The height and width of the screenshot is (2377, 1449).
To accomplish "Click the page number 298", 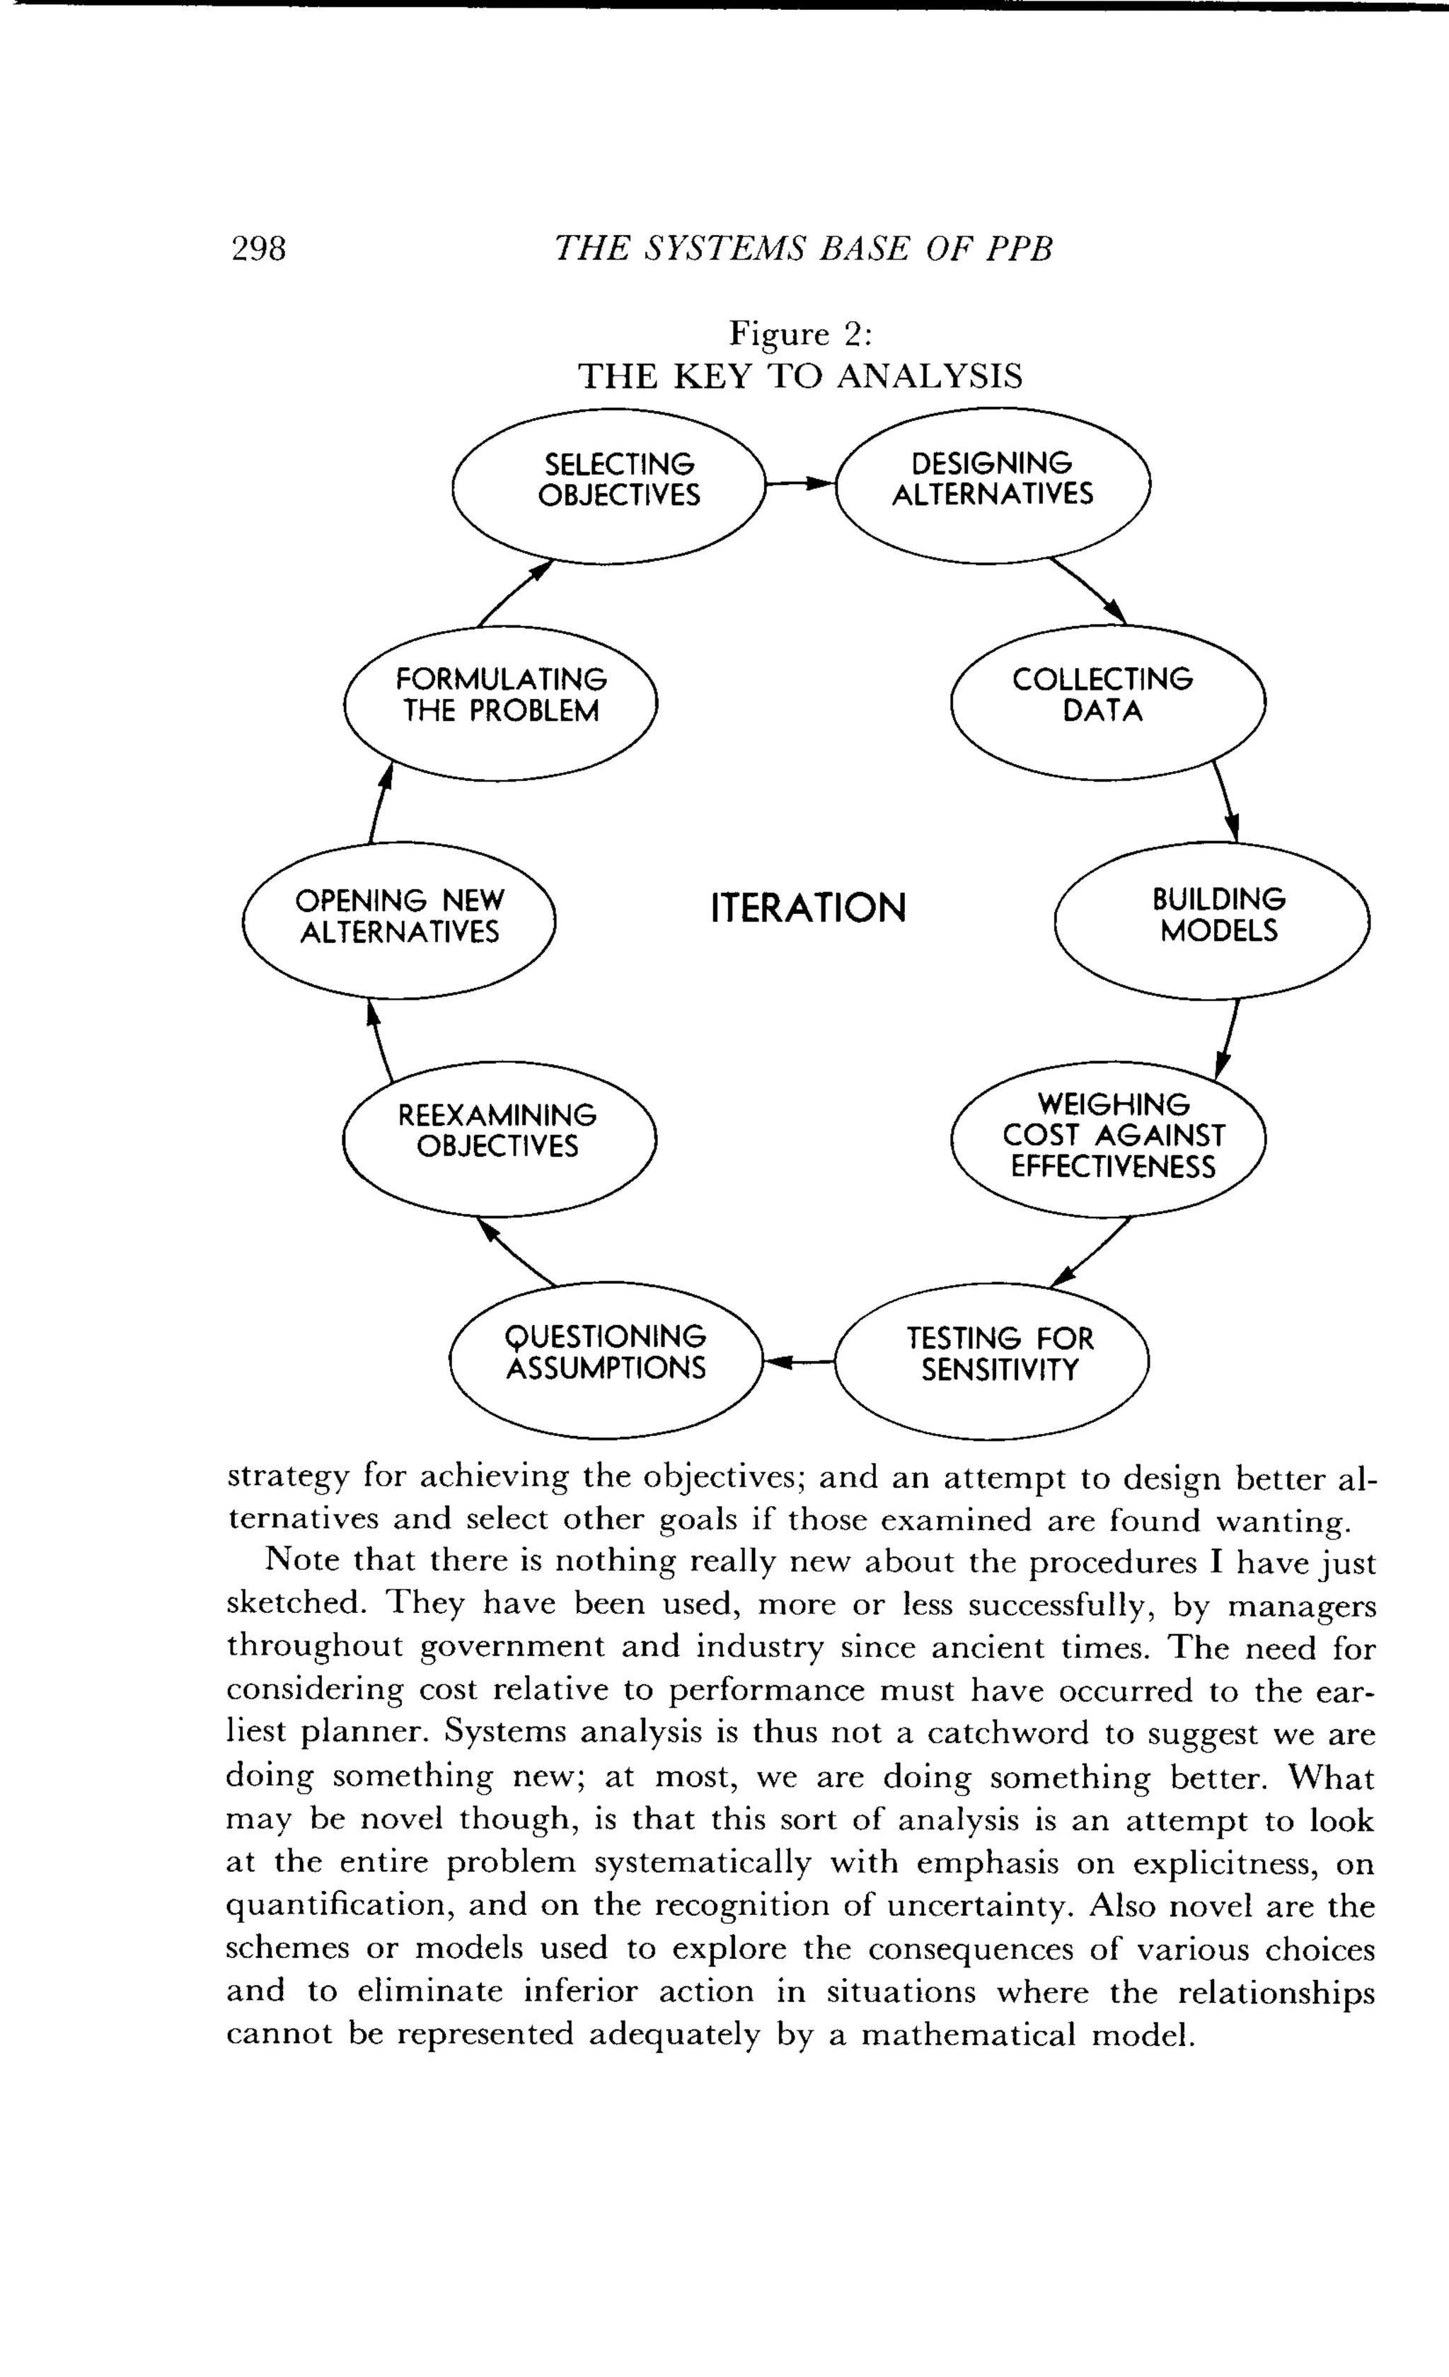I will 258,249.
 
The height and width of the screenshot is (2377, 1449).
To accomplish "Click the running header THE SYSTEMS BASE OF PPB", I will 804,249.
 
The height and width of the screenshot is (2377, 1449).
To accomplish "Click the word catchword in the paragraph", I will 1008,1733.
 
